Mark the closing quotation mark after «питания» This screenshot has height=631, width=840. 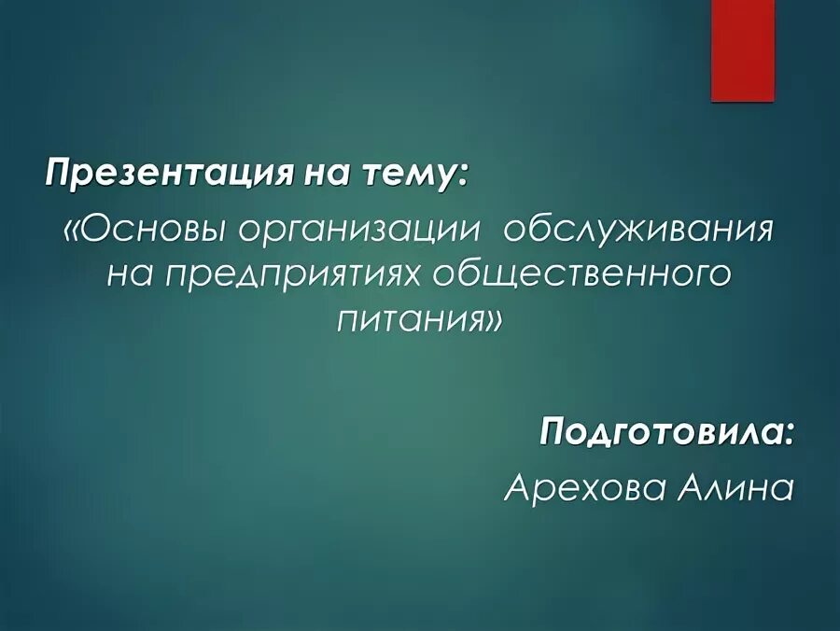click(x=494, y=322)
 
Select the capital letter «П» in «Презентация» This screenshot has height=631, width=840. click(x=59, y=174)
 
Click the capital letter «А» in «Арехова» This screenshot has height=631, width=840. click(x=516, y=486)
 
